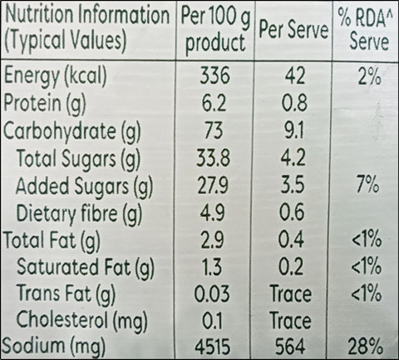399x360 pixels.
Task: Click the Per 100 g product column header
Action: pos(215,31)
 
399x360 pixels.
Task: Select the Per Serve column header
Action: pos(293,30)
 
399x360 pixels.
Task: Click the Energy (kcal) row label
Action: pos(55,76)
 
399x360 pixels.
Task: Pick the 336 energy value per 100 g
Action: pos(214,75)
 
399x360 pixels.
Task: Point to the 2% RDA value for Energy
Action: pos(369,76)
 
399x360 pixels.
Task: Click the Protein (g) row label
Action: pos(45,103)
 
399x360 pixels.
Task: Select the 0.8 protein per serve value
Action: pos(294,102)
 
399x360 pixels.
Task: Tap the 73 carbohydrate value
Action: pos(214,130)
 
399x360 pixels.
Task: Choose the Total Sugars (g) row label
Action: pos(78,159)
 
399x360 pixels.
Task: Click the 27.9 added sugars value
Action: pos(213,185)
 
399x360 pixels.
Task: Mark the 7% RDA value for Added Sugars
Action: pos(367,185)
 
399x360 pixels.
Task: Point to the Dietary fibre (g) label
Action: pos(79,214)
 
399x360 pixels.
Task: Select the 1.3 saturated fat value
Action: pos(212,266)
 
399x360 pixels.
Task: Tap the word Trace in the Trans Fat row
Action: pos(291,293)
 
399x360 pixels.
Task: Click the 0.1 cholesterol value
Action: pos(212,321)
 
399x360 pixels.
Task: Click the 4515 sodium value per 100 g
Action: pos(212,347)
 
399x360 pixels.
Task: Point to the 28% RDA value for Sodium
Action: pos(366,346)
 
